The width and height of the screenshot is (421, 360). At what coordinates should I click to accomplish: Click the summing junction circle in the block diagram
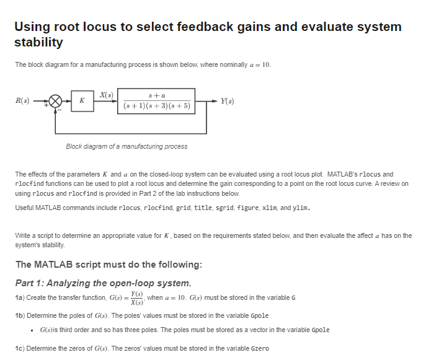pyautogui.click(x=56, y=101)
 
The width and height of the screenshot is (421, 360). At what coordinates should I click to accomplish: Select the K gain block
pyautogui.click(x=82, y=101)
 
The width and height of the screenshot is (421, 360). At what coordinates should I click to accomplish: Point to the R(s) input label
pyautogui.click(x=22, y=100)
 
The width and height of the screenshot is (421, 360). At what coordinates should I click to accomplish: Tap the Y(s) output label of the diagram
pyautogui.click(x=227, y=100)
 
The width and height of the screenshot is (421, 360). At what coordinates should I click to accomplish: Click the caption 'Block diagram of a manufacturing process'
pyautogui.click(x=126, y=146)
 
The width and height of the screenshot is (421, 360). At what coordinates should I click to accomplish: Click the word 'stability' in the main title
pyautogui.click(x=38, y=42)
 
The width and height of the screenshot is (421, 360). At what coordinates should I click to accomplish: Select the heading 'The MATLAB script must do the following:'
pyautogui.click(x=109, y=265)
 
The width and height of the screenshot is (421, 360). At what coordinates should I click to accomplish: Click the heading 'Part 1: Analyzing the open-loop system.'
pyautogui.click(x=103, y=283)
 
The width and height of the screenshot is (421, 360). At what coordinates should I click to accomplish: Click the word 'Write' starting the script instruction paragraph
pyautogui.click(x=22, y=236)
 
